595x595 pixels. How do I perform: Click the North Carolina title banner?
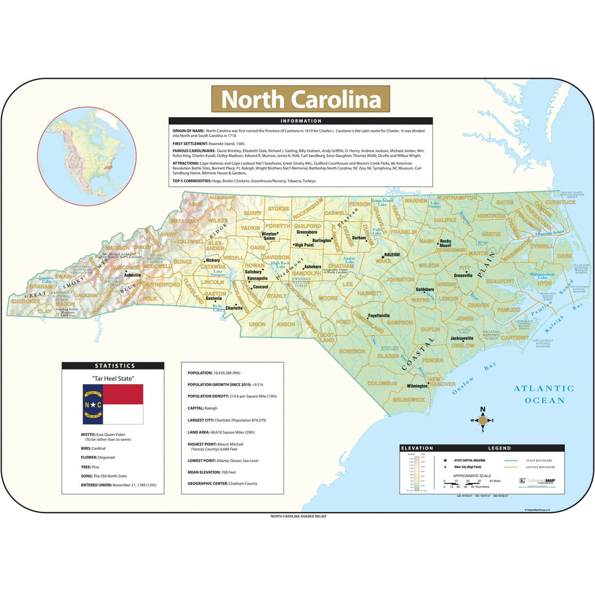click(x=300, y=99)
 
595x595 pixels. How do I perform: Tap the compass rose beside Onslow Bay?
click(x=482, y=420)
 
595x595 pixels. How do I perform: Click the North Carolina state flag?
click(x=113, y=404)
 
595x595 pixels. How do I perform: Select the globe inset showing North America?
click(x=87, y=156)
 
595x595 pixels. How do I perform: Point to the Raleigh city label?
click(x=392, y=255)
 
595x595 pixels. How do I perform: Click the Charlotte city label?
click(x=234, y=308)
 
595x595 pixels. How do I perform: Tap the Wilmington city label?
click(x=417, y=386)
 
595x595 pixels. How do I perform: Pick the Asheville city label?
click(x=132, y=275)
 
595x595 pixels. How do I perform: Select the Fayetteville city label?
click(x=379, y=316)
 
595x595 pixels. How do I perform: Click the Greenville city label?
click(x=463, y=275)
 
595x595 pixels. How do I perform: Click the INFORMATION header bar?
click(x=300, y=121)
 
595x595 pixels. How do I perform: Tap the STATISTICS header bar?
click(x=113, y=366)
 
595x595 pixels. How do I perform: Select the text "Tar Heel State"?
click(x=113, y=378)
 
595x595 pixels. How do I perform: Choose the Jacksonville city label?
click(x=462, y=338)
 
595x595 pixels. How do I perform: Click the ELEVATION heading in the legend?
click(x=417, y=448)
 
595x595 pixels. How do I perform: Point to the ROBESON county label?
click(x=352, y=351)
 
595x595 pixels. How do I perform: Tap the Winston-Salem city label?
click(x=269, y=236)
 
